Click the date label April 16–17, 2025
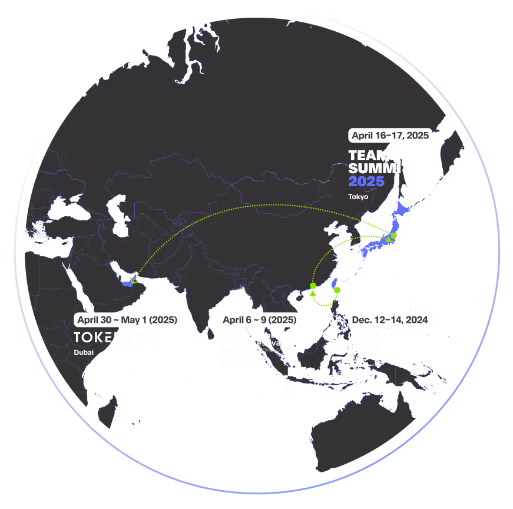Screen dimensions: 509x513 tap(390, 135)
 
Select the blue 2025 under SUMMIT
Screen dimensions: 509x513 tap(366, 181)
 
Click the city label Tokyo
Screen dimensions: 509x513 tap(358, 197)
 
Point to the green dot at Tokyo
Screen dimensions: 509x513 tap(393, 236)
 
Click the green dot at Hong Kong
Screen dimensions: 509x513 tap(313, 286)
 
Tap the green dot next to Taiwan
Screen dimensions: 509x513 tap(337, 290)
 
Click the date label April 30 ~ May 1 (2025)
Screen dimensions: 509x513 tap(128, 320)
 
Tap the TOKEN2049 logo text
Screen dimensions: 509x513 tap(117, 338)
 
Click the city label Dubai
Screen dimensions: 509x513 tap(84, 352)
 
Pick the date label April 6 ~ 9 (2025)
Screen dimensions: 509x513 tap(260, 320)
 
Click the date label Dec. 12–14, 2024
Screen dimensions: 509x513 tap(390, 320)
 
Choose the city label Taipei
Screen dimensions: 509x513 tap(358, 365)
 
